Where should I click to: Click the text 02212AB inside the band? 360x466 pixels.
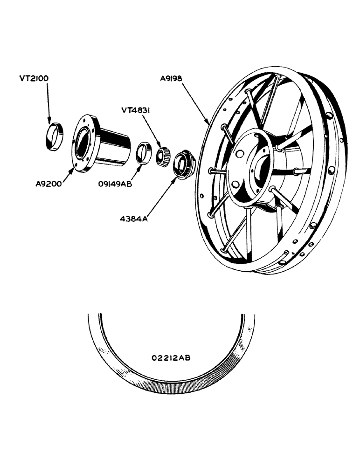171,358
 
